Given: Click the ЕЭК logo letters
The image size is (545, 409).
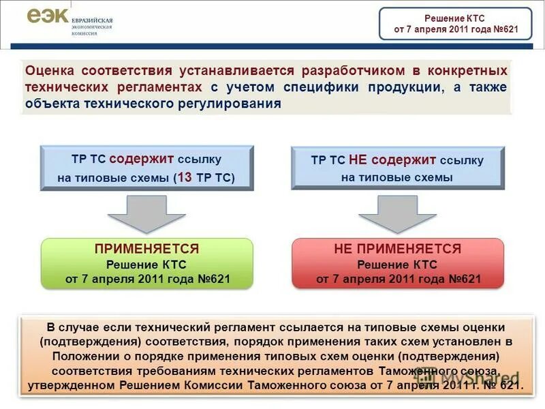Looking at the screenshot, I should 48,17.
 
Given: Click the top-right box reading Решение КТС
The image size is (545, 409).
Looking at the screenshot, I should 455,24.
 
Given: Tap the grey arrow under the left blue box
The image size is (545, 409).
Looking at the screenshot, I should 146,212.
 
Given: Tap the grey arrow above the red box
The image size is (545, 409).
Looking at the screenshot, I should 397,212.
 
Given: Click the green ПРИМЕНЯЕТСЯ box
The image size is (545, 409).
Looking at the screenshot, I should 147,263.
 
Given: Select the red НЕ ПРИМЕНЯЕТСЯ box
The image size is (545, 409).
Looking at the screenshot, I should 398,263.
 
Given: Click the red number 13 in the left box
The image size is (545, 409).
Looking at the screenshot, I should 185,177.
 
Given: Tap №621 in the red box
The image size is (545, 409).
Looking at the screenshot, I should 465,279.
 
